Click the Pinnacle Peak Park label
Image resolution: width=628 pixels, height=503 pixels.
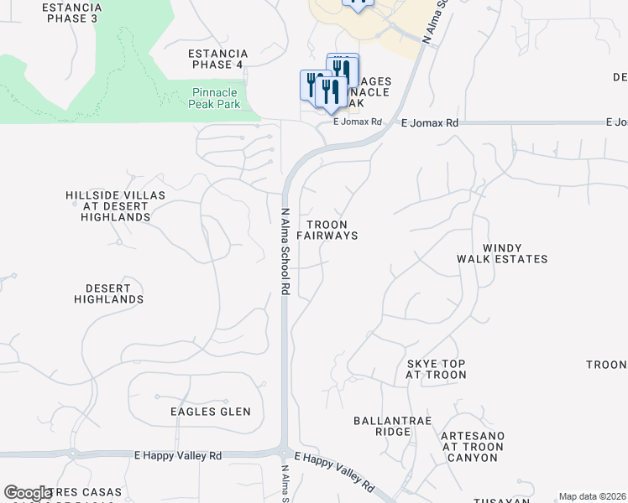[216, 98]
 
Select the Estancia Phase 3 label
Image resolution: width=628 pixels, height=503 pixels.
[71, 12]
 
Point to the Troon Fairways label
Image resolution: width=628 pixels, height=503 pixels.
[332, 231]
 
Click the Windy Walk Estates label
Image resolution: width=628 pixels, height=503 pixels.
[502, 254]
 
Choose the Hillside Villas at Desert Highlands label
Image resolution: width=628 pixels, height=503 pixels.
[115, 206]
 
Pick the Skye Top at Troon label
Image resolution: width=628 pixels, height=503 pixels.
[436, 370]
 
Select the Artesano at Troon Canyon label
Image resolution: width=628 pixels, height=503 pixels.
[473, 442]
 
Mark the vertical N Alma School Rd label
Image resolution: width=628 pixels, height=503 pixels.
[285, 251]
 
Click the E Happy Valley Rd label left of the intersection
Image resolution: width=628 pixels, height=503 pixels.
[178, 455]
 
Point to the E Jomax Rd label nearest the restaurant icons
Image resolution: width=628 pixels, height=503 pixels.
[357, 122]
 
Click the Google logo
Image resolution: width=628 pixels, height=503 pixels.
[28, 493]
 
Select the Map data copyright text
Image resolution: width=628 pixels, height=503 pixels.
[593, 496]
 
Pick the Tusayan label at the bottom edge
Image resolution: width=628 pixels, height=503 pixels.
[500, 500]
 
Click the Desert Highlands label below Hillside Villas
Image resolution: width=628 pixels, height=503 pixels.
[108, 293]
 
